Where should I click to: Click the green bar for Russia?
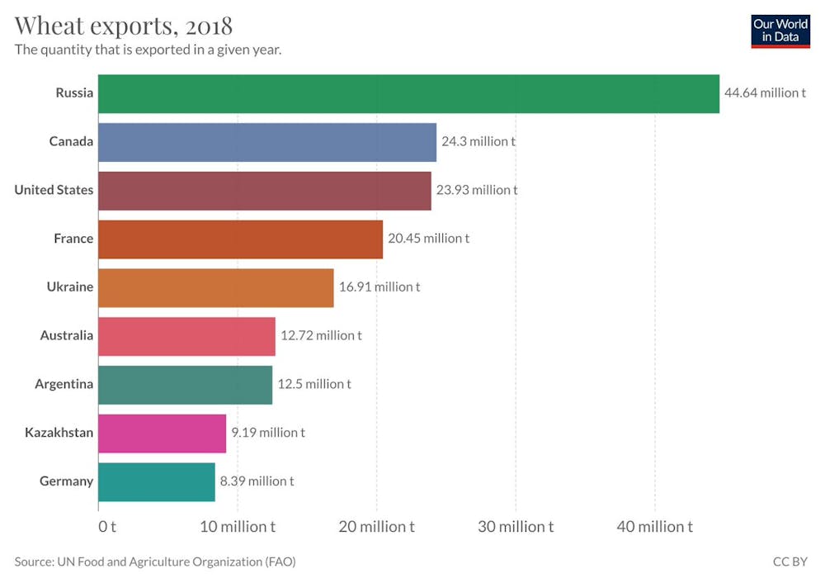(408, 93)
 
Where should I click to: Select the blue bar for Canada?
(266, 142)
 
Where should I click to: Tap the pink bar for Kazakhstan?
(162, 433)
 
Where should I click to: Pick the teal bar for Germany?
(156, 481)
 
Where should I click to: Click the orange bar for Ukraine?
(215, 287)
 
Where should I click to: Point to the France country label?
(73, 239)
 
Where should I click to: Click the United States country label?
(54, 190)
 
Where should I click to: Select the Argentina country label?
(64, 384)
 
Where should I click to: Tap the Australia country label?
(66, 336)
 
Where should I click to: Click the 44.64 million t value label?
(765, 93)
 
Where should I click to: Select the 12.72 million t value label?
(321, 336)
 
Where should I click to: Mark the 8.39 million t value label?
(257, 481)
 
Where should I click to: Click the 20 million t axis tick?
(376, 526)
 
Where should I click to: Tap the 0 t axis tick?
(106, 526)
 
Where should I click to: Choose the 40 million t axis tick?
(655, 526)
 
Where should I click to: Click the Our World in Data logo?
(780, 31)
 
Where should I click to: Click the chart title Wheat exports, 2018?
(123, 25)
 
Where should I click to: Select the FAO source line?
(155, 562)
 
